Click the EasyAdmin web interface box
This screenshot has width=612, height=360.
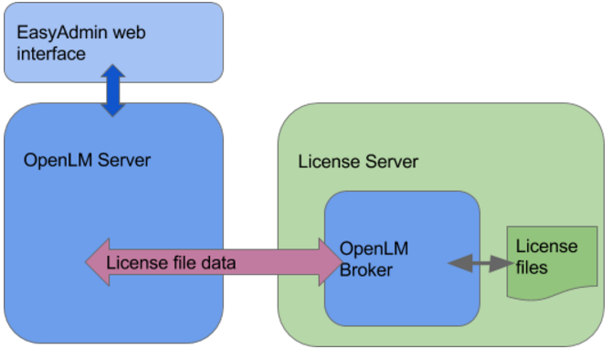(x=114, y=42)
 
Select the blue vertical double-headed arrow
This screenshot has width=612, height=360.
(x=112, y=90)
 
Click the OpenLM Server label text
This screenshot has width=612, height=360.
(x=87, y=161)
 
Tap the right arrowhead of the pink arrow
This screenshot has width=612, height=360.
(x=328, y=262)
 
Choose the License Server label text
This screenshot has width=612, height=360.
(x=358, y=162)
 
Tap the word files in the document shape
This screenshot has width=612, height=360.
(x=532, y=268)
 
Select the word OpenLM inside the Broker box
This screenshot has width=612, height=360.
(x=374, y=249)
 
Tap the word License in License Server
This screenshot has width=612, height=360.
(x=325, y=162)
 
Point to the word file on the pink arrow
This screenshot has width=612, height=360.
(x=180, y=263)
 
